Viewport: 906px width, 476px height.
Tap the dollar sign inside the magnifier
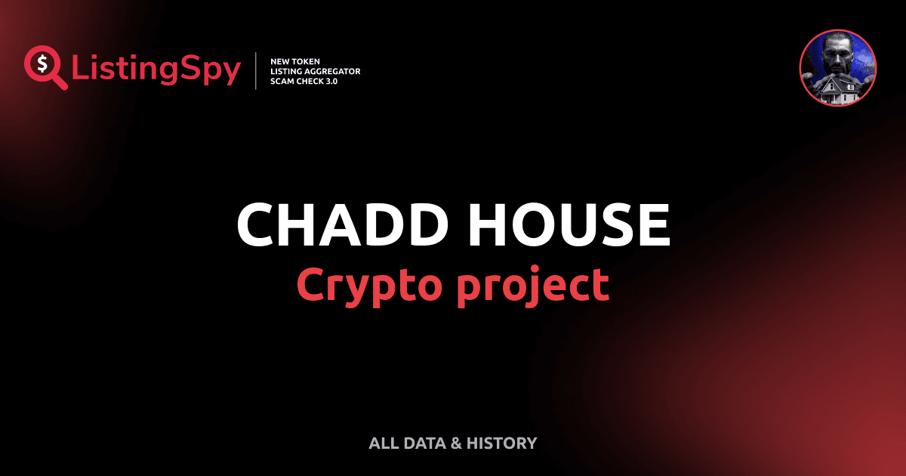pyautogui.click(x=41, y=63)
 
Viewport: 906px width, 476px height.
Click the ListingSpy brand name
pyautogui.click(x=156, y=70)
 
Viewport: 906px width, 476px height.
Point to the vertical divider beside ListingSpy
pyautogui.click(x=257, y=71)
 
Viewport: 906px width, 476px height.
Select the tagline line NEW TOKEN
pyautogui.click(x=295, y=60)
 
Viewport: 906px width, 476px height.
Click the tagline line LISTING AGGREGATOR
pyautogui.click(x=315, y=71)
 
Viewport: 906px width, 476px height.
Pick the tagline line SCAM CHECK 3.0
pyautogui.click(x=304, y=81)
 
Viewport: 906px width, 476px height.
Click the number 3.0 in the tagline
pyautogui.click(x=331, y=81)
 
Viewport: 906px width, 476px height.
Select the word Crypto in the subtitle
pyautogui.click(x=368, y=286)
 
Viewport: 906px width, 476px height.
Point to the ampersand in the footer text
pyautogui.click(x=455, y=444)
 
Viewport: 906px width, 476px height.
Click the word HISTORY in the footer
pyautogui.click(x=501, y=444)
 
